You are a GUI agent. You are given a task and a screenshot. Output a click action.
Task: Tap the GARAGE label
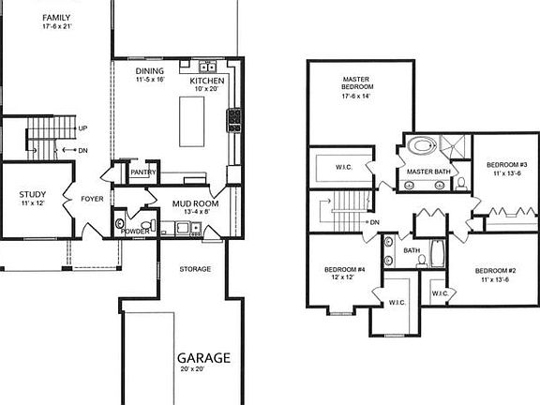[x=204, y=357]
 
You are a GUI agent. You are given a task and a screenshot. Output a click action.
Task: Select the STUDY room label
[x=33, y=195]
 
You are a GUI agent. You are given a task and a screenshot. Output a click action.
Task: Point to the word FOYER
[x=92, y=199]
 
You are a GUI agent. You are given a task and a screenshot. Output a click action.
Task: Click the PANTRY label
[x=142, y=172]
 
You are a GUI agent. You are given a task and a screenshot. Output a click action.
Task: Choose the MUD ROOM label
[x=195, y=203]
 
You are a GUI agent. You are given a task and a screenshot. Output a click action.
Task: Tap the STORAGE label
[x=195, y=270]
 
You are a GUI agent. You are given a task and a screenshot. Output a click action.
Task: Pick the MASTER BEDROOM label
[x=358, y=85]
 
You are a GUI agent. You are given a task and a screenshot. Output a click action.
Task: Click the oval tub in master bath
[x=421, y=146]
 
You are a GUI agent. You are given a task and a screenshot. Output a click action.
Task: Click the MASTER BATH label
[x=429, y=172]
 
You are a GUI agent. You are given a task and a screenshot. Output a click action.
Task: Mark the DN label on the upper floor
[x=374, y=222]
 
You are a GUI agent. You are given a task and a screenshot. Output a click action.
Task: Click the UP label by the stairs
[x=83, y=128]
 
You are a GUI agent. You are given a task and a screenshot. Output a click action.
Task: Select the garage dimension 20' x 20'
[x=204, y=370]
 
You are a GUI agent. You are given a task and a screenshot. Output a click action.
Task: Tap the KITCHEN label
[x=207, y=82]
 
